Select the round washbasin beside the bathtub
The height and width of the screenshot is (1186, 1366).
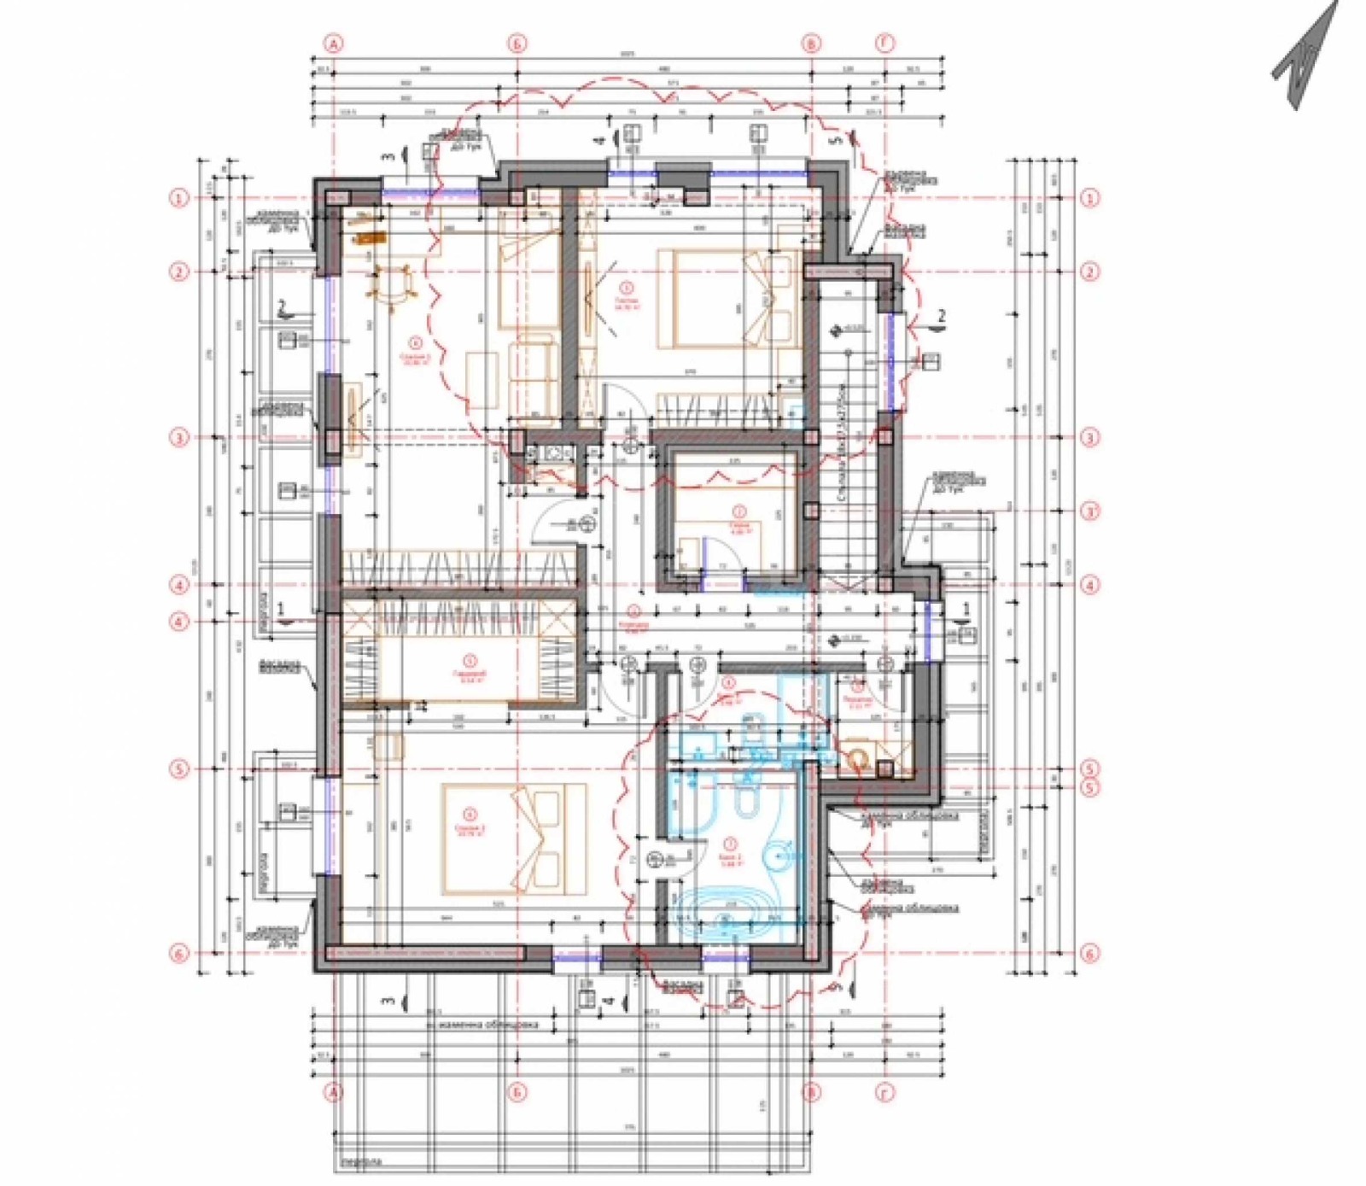click(779, 854)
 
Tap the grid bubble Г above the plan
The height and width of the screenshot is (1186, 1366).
click(885, 44)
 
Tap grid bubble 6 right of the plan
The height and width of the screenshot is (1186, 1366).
click(1089, 953)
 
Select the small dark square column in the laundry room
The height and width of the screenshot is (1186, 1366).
click(885, 768)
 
